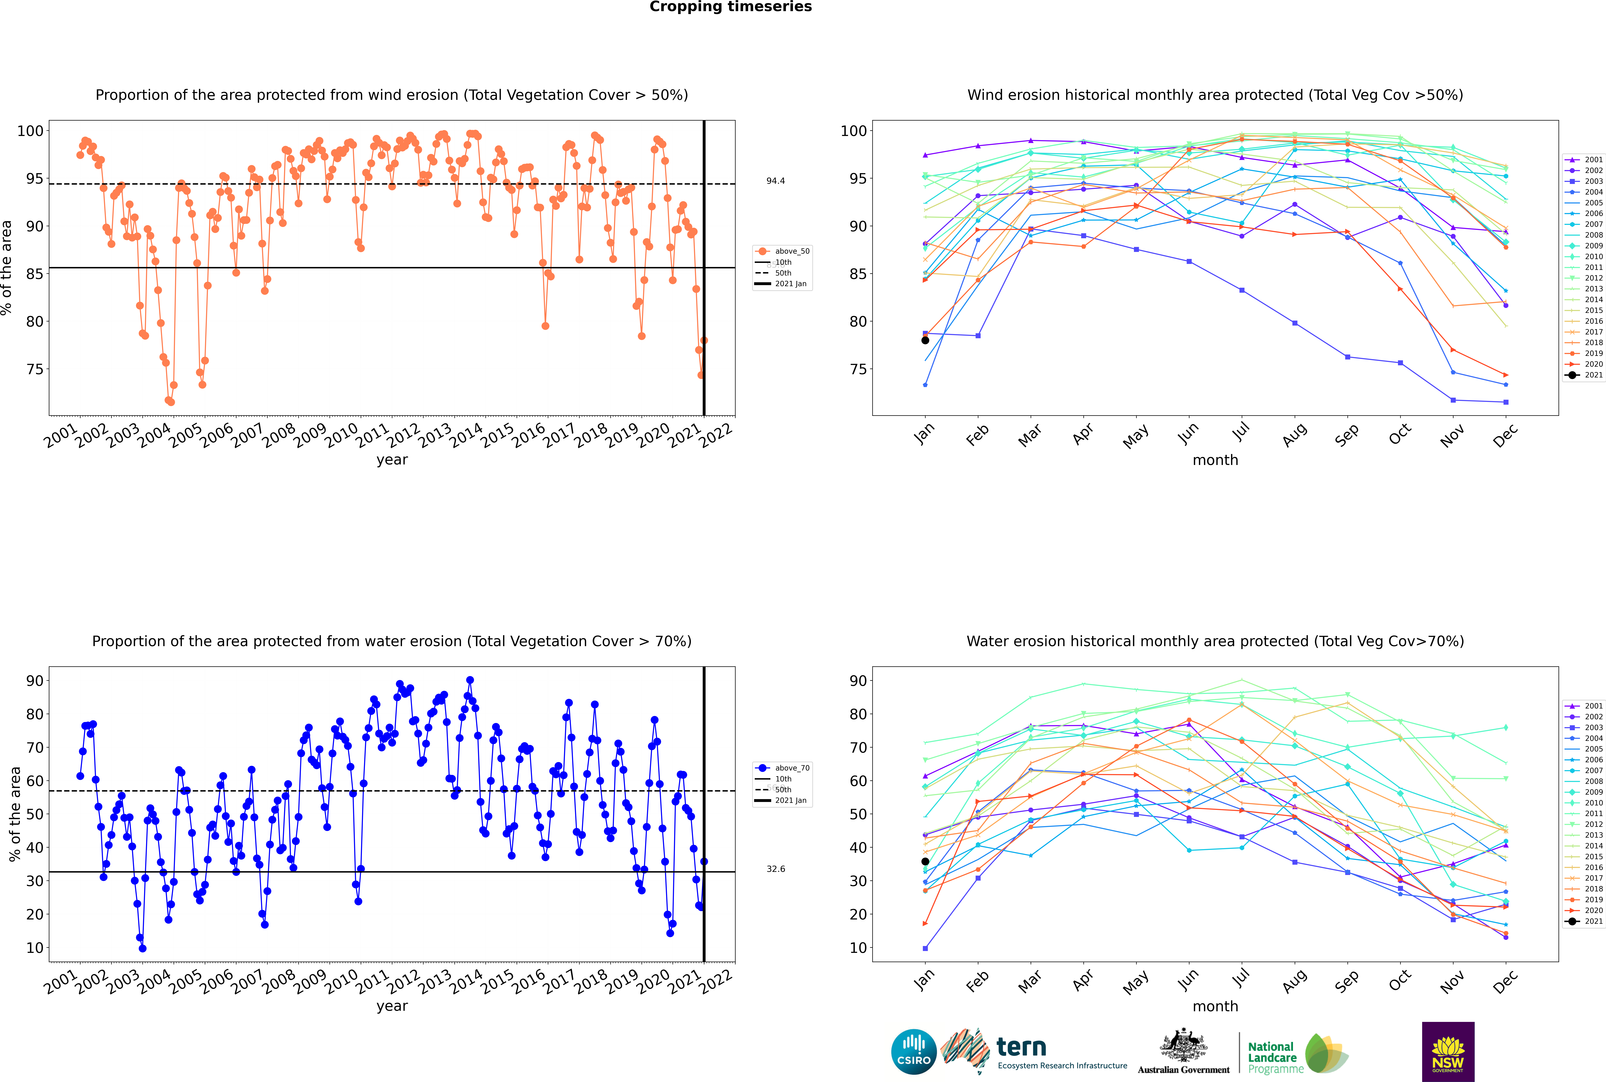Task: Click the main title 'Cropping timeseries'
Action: tap(730, 7)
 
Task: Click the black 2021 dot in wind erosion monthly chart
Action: tap(925, 340)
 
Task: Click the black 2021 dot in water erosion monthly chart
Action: tap(925, 861)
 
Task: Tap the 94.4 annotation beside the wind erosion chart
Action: tap(775, 181)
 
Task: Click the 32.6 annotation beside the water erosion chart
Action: tap(775, 869)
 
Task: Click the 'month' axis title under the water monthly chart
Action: tap(1215, 1006)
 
